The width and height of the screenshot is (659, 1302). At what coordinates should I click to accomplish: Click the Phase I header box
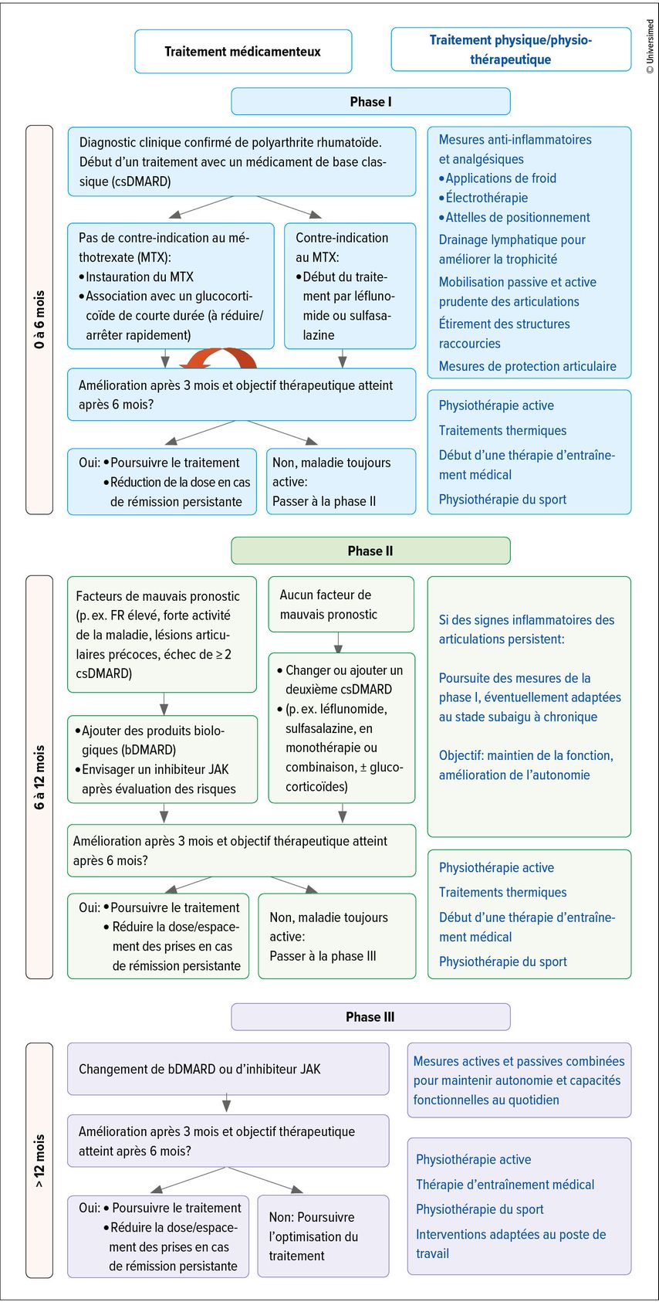370,101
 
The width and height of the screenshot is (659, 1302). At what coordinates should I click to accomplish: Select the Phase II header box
370,551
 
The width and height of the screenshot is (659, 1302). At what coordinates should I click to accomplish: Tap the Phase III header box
370,1017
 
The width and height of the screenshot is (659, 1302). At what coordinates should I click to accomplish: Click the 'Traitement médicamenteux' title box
243,52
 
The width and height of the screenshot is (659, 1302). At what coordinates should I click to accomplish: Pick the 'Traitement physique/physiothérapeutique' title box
511,49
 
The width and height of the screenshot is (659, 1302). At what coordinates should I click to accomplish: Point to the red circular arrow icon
218,359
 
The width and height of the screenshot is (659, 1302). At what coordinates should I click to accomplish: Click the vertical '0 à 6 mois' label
39,319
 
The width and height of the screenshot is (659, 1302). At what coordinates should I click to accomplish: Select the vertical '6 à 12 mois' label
39,777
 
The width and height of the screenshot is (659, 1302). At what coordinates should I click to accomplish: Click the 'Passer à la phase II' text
324,501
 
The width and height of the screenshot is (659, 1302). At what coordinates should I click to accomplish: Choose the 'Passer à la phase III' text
323,956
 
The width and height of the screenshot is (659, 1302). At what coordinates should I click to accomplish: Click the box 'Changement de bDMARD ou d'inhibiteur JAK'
228,1069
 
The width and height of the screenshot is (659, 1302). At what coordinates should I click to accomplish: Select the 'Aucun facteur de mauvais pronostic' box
340,605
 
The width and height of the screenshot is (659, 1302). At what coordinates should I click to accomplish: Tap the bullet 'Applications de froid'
500,178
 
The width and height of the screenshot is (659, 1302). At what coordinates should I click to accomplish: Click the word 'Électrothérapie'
486,198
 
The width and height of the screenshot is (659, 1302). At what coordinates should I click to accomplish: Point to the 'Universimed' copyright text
650,46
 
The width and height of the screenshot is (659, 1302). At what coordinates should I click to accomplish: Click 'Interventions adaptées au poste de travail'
510,1243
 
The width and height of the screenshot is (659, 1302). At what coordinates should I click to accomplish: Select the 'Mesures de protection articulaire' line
527,366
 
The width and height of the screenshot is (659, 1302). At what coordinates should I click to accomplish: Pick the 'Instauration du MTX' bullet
139,276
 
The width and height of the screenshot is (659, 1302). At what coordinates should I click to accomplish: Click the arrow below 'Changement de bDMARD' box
226,1104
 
